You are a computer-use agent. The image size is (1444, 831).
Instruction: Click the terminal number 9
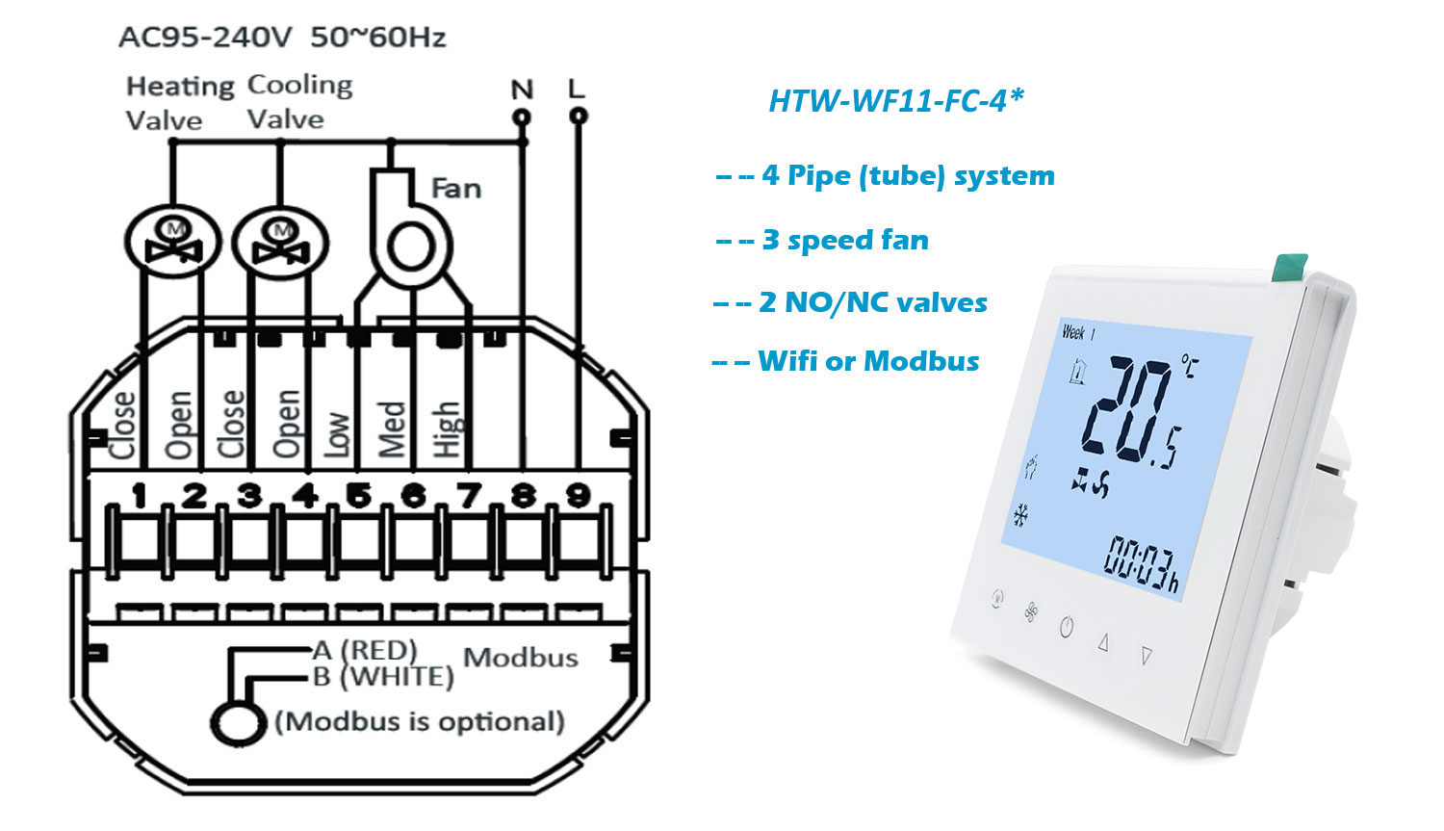pos(579,495)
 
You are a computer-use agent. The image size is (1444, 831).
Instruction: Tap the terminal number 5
pos(358,496)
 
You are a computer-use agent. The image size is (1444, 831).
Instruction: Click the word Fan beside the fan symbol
pos(455,188)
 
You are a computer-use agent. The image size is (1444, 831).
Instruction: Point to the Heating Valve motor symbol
pos(172,242)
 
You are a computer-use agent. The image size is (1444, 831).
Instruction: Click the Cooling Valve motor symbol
pos(280,243)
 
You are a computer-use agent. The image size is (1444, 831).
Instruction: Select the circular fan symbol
pos(411,247)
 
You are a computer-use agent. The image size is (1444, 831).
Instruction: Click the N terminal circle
pos(522,117)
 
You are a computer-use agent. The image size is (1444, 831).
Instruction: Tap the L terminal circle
pos(579,117)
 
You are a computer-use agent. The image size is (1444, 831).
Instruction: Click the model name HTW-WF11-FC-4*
pos(896,100)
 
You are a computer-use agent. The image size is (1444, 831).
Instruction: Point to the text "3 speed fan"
pos(845,240)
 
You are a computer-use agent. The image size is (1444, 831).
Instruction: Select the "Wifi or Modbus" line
pos(868,361)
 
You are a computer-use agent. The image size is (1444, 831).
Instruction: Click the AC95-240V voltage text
pos(206,38)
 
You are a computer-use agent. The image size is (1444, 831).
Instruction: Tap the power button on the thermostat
pos(1067,627)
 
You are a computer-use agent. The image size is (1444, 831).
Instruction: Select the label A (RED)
pos(365,650)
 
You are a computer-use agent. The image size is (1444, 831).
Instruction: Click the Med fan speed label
pos(392,428)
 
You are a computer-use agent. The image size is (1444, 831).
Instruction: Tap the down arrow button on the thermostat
pos(1147,656)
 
